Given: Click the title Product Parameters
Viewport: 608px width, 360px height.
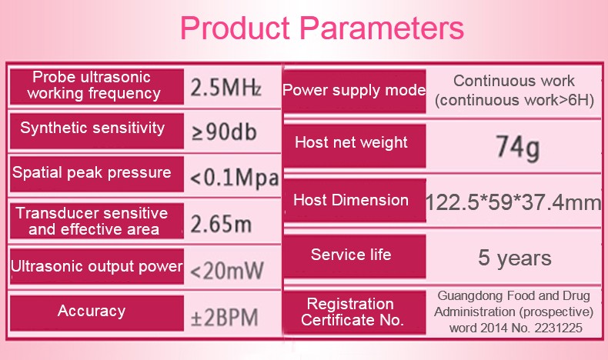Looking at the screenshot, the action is [x=322, y=28].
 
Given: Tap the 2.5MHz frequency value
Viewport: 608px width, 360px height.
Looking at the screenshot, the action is [x=225, y=88].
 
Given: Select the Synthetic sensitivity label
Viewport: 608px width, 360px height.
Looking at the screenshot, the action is [x=92, y=128].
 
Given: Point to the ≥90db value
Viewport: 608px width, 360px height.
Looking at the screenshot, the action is [x=224, y=132].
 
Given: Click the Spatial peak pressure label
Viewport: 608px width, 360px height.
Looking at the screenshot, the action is [x=92, y=172].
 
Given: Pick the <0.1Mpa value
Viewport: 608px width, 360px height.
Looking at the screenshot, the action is [x=235, y=178].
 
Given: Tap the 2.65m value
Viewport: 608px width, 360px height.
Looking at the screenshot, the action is [x=221, y=224].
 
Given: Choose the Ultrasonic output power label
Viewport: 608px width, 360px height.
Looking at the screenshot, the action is [x=96, y=266].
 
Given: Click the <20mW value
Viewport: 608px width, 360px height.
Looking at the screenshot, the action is [x=227, y=270].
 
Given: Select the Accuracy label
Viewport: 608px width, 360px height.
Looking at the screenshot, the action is [x=92, y=311].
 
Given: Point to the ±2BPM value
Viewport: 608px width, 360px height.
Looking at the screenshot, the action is [x=224, y=318].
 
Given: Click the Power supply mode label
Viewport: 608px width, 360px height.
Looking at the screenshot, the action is [x=354, y=90].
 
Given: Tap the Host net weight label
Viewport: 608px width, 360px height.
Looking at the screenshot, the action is [x=351, y=142].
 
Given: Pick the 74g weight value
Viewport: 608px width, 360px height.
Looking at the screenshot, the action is [x=518, y=148].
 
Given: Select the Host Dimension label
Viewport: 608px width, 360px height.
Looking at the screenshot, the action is [x=351, y=200].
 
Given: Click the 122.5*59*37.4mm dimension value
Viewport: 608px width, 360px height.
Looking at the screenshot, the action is [x=513, y=202].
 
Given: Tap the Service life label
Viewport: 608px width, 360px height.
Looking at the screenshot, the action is [x=351, y=255].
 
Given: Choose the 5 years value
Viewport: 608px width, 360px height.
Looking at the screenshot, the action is [x=515, y=258].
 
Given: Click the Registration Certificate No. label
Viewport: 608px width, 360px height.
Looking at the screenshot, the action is [x=352, y=312].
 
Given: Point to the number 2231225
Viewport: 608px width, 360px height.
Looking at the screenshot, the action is [x=559, y=328].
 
